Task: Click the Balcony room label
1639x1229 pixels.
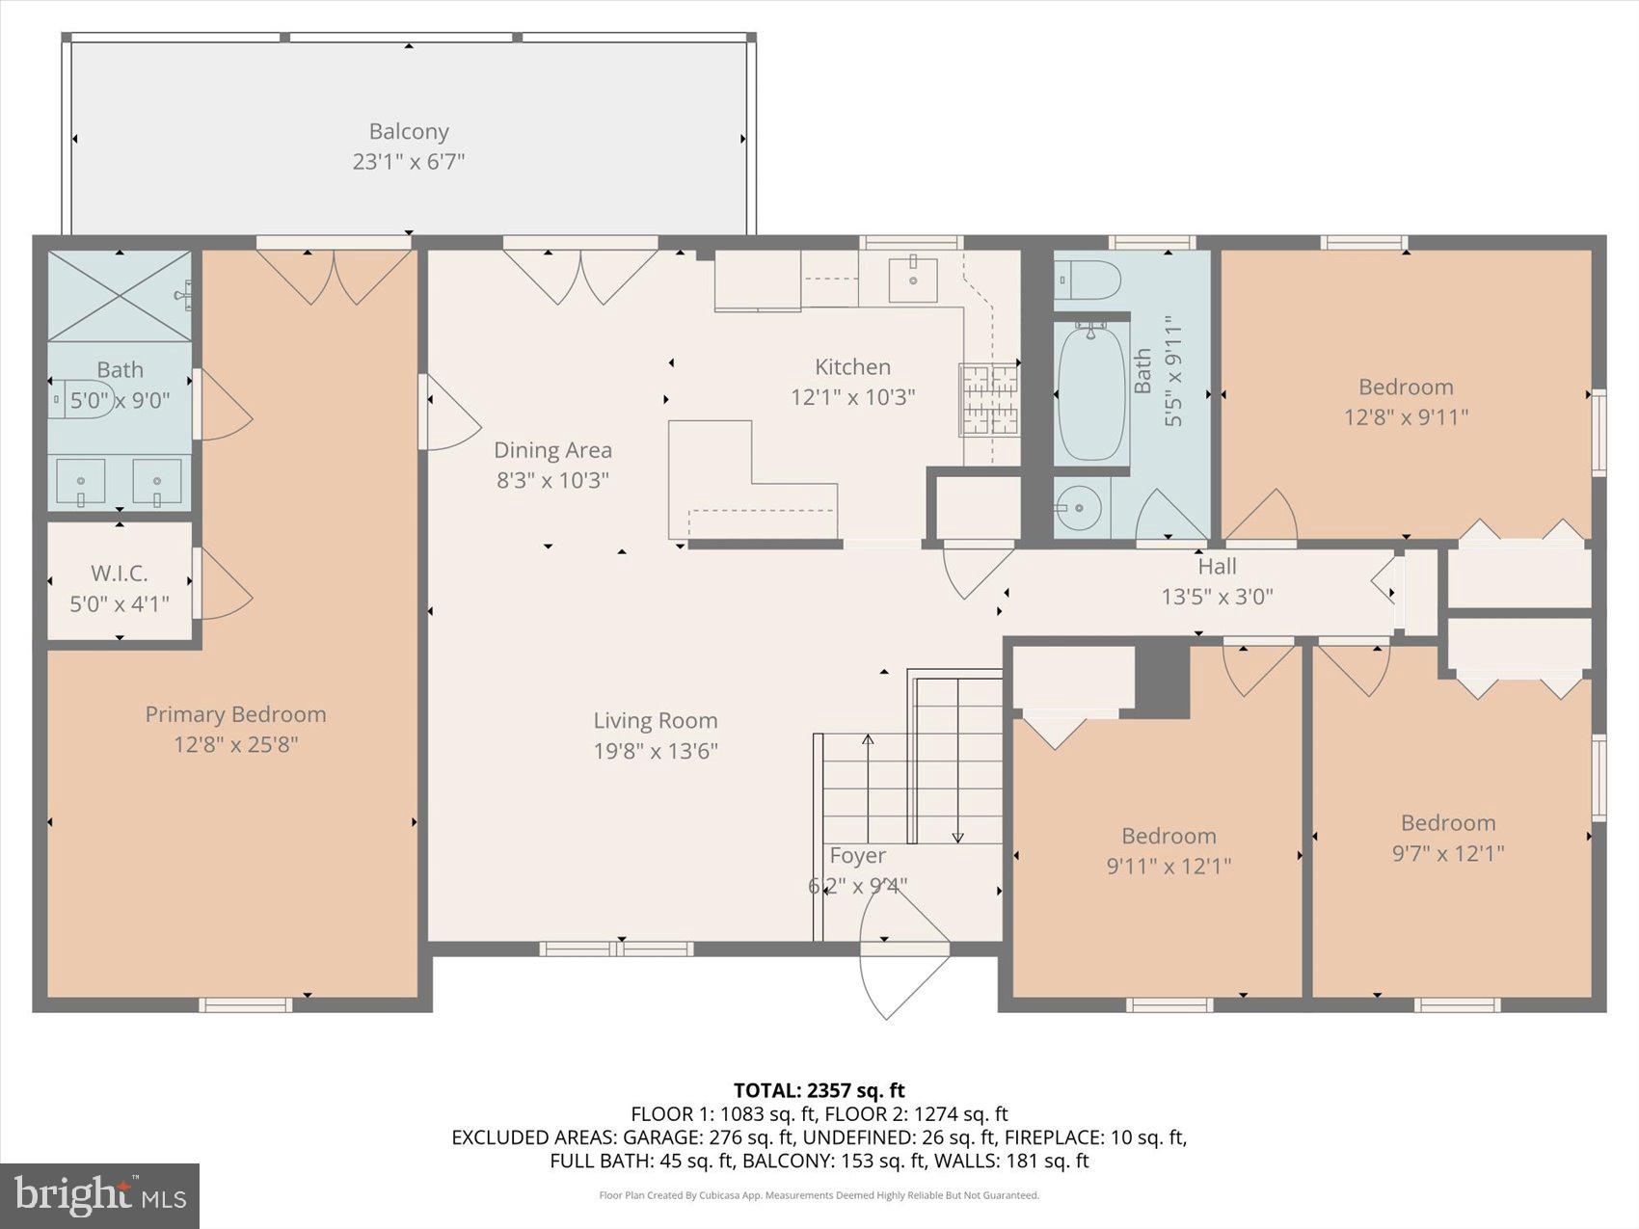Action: (409, 132)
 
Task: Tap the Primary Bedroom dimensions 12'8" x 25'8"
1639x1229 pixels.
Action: (236, 744)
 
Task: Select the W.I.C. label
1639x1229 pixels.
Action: (120, 574)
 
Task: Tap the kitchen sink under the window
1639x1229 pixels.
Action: (912, 279)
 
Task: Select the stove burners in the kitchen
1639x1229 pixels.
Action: (988, 399)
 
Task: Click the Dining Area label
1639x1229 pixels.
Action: (552, 450)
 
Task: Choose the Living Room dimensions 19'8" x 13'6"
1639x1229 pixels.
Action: (656, 751)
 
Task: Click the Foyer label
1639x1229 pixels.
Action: (857, 856)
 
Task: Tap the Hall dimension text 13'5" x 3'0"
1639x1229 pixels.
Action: (1217, 597)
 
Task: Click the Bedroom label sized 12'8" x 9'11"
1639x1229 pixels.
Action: (1406, 387)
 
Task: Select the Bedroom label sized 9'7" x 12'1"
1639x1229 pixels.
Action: (1448, 823)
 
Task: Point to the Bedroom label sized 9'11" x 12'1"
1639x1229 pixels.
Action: (1169, 836)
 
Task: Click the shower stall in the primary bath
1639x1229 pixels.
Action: (120, 295)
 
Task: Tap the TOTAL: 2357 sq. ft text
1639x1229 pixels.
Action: (819, 1090)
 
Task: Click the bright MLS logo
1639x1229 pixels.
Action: (100, 1195)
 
